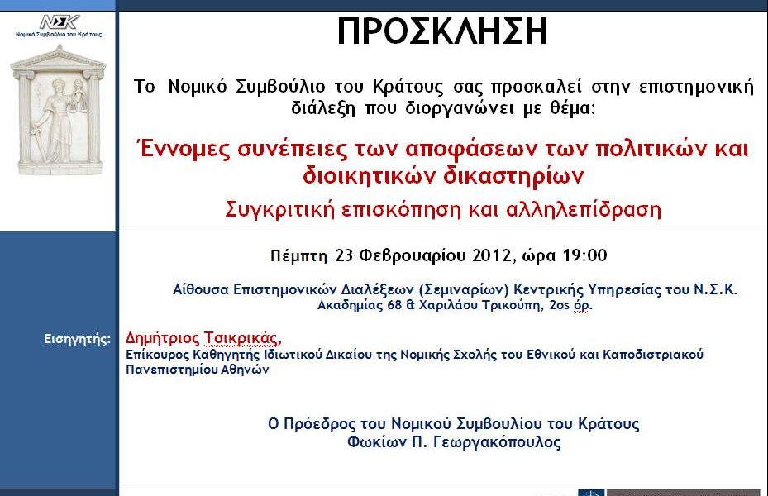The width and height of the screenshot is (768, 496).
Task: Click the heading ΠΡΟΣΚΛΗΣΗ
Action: point(442,31)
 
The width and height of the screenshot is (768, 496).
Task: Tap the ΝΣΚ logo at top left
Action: point(59,21)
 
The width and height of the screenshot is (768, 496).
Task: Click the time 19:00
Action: point(585,255)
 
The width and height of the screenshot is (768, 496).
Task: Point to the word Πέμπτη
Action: point(299,255)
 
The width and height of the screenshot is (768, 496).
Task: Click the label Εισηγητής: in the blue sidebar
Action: point(76,339)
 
